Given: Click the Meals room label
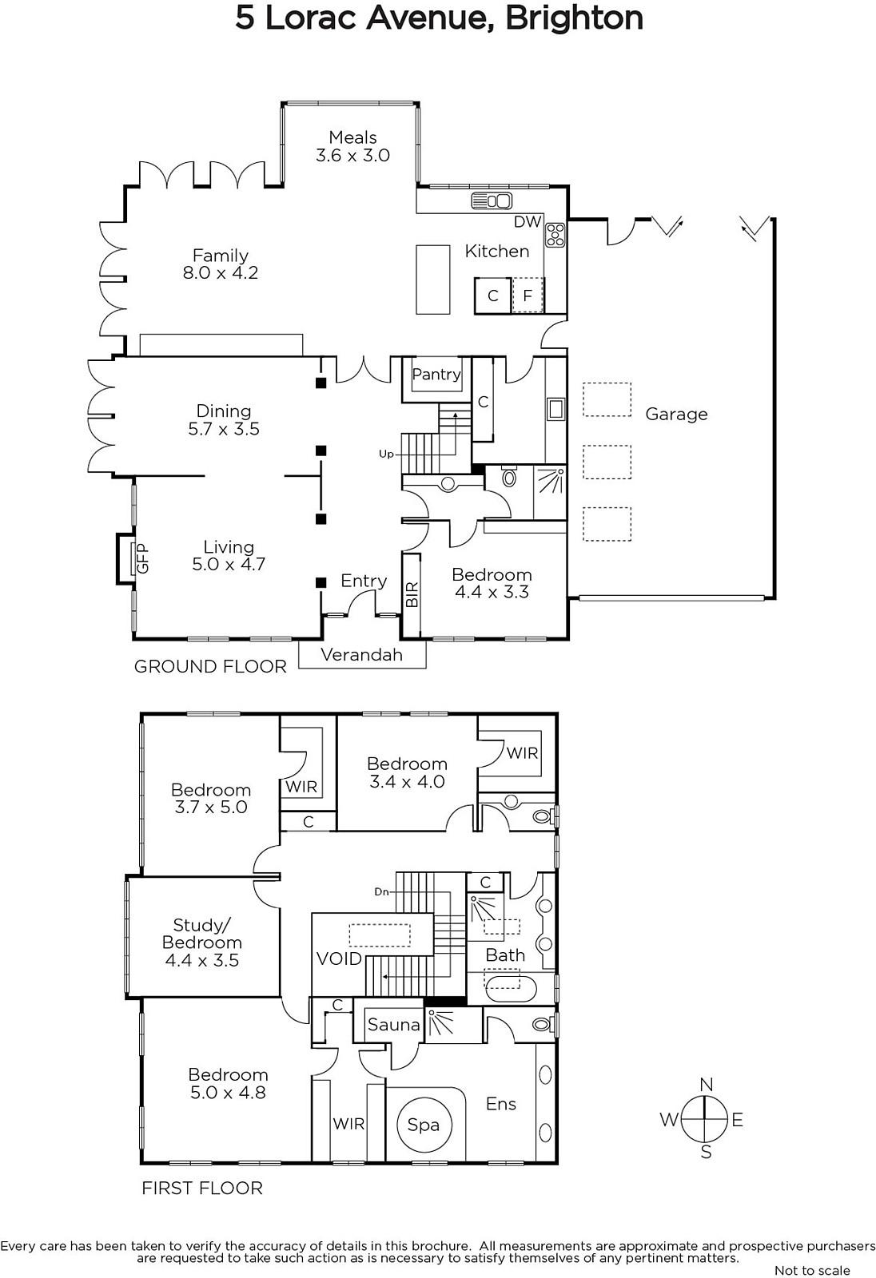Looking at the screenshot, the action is (353, 137).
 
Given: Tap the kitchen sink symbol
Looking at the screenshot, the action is (491, 200).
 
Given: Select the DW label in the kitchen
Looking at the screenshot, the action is (528, 222).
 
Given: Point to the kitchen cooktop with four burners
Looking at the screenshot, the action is (555, 235).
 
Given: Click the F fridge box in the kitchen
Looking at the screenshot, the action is (528, 296).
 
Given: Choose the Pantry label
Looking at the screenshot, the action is (436, 375).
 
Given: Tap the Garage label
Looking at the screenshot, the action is (676, 415).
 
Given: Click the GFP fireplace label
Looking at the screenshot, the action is (143, 558).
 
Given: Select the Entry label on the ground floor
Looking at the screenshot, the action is (364, 581).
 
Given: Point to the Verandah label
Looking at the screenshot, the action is (361, 654).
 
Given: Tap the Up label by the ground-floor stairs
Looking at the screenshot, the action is (386, 454).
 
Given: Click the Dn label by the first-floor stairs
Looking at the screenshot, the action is (382, 891).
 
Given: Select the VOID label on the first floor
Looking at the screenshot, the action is (339, 958).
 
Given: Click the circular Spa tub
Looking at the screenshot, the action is (424, 1125).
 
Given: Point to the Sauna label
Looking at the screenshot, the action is (393, 1025).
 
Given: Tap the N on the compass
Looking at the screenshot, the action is (707, 1085).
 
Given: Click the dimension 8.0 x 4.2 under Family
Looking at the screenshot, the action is (221, 272).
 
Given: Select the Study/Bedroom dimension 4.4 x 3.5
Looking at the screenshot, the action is (202, 960).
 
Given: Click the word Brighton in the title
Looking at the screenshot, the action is (574, 18).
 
